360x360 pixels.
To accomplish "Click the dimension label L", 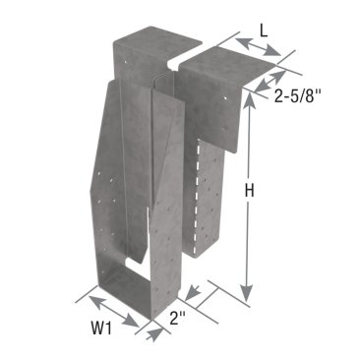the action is (264, 30).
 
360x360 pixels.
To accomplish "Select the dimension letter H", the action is (250, 191).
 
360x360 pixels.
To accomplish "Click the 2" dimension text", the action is (178, 318).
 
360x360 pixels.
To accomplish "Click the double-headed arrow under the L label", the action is (258, 47).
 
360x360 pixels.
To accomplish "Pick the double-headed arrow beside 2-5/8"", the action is (270, 81).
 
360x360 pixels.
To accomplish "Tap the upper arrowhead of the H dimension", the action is (250, 102).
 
